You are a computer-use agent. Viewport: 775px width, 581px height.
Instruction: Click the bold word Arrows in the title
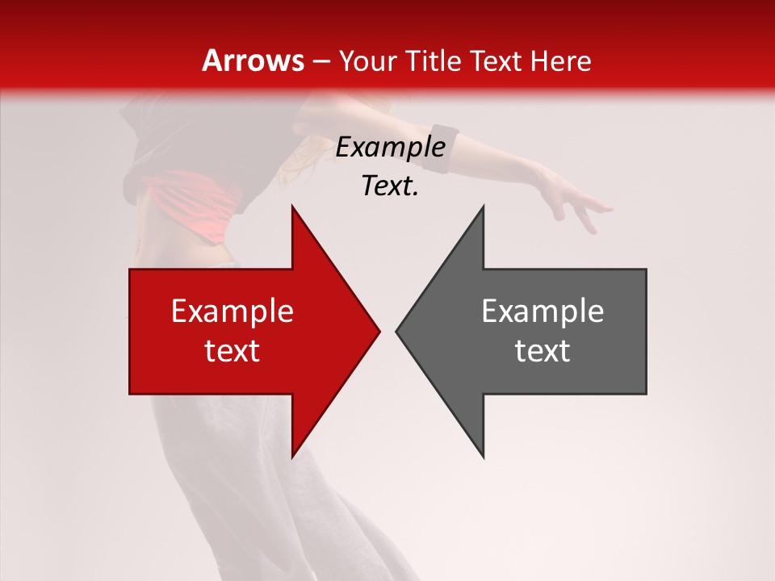pos(253,61)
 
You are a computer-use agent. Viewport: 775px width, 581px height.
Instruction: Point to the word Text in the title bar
pos(496,61)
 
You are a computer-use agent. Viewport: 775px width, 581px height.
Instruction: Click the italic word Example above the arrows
pos(390,148)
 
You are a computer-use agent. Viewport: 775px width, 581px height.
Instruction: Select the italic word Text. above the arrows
pos(390,186)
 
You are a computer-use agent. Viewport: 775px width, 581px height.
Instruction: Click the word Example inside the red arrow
pos(232,311)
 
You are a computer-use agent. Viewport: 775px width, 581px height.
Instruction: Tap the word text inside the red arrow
pos(232,351)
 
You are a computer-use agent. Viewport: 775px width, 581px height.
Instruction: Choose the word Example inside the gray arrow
pos(542,311)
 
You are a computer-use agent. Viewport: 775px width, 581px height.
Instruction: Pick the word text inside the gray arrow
pos(542,351)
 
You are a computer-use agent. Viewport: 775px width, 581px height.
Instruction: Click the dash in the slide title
pos(320,62)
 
